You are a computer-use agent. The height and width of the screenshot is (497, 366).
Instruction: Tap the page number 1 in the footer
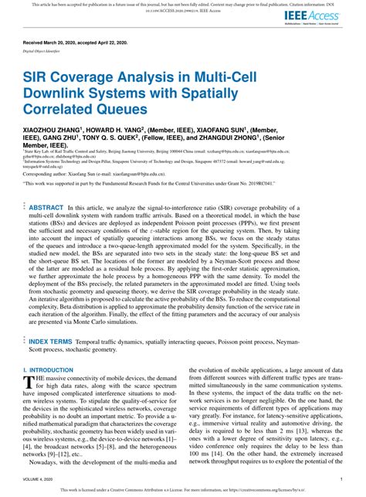coord(342,480)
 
